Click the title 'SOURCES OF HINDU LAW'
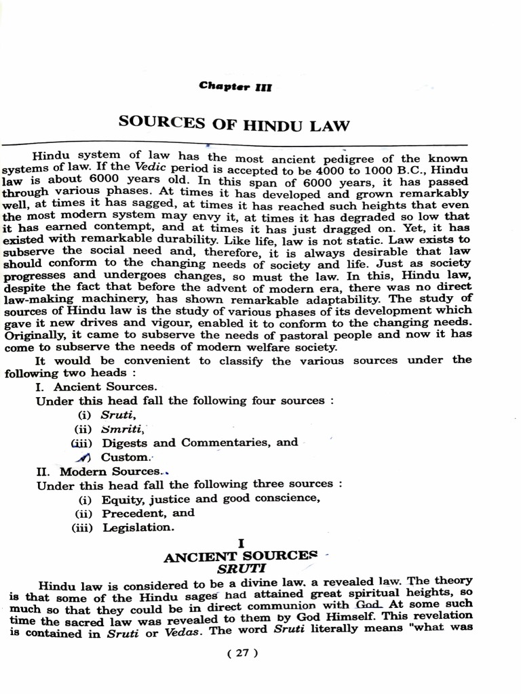coord(234,124)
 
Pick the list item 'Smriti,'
coord(121,428)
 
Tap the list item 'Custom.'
coord(124,457)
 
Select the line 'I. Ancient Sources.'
coord(96,387)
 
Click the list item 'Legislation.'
coord(138,527)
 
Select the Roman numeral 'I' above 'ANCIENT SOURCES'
coord(241,544)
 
